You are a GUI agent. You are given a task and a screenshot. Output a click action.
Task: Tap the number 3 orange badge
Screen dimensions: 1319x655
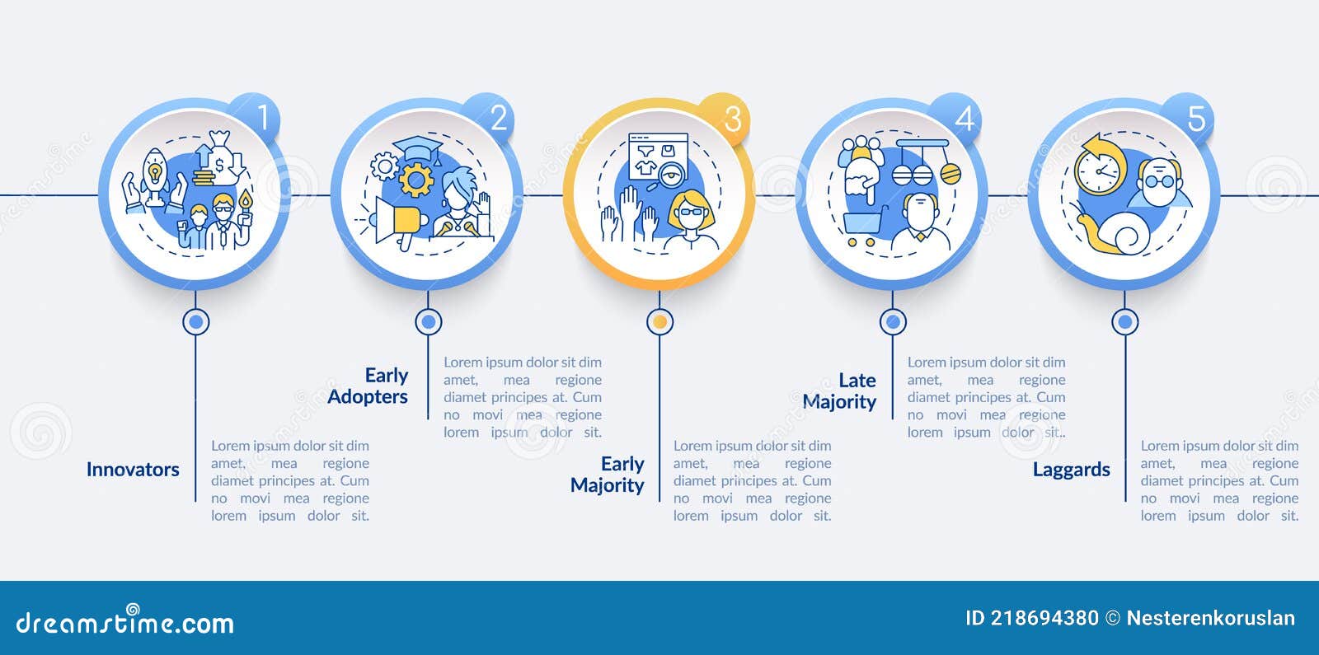click(725, 118)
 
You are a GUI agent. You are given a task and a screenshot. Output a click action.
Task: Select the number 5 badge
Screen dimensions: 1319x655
click(1188, 118)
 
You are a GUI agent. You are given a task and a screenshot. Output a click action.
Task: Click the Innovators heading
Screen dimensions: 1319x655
click(133, 469)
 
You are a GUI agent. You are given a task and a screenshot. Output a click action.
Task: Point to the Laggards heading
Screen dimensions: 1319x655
click(1071, 470)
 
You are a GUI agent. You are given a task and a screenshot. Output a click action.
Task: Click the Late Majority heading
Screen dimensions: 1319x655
click(839, 391)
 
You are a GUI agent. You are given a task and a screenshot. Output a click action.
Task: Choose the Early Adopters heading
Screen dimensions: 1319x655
click(368, 386)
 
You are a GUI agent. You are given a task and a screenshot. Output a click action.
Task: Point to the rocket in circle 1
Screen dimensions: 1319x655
click(154, 175)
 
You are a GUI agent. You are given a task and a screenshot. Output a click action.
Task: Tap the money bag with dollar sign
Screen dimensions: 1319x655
click(221, 155)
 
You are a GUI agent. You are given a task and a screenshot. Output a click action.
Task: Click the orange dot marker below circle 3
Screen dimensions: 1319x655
click(659, 322)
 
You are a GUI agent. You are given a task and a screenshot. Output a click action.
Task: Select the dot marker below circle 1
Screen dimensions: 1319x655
click(195, 322)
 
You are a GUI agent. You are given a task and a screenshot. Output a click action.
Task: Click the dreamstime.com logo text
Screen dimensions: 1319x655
click(124, 621)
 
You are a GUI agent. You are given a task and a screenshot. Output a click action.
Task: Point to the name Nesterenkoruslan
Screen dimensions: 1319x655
click(1211, 618)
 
